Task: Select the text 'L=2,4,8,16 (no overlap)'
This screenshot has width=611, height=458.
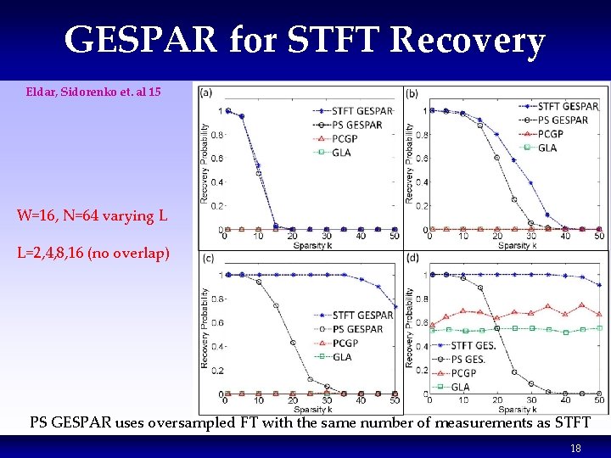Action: point(92,253)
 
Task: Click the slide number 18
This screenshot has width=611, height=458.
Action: point(575,448)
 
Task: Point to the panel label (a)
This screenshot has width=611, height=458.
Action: point(205,93)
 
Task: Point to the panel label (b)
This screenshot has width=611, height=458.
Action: point(412,93)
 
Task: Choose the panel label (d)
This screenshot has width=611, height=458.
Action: point(412,259)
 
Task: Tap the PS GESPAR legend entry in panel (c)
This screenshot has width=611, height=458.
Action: point(357,329)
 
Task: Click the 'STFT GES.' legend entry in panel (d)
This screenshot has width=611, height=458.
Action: point(474,345)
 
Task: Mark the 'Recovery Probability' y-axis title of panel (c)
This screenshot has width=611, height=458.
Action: point(204,327)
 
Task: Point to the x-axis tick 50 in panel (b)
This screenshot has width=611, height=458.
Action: point(599,236)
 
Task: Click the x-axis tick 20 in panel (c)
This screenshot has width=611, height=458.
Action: point(293,400)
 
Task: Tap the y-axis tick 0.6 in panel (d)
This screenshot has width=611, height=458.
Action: point(418,322)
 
